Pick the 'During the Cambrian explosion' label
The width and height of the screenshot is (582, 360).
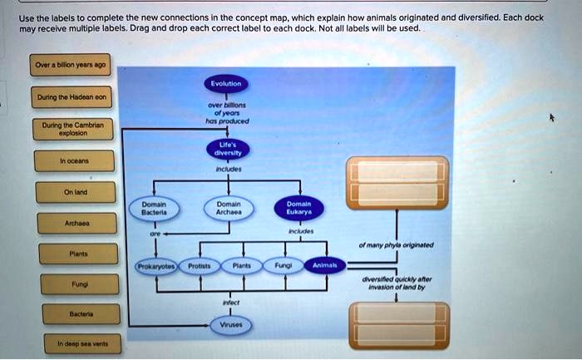point(75,129)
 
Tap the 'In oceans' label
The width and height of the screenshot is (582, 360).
point(75,160)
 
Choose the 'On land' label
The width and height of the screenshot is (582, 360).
point(75,191)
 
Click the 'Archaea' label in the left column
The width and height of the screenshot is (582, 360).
point(75,222)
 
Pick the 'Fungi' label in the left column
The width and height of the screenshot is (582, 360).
point(75,284)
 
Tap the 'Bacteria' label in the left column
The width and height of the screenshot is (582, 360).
point(75,315)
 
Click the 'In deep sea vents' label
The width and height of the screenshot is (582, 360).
point(75,343)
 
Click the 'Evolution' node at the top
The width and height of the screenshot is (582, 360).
point(226,83)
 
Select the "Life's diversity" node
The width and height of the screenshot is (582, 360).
point(226,148)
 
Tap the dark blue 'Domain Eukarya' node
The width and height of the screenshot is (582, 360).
point(299,209)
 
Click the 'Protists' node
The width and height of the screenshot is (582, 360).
point(198,265)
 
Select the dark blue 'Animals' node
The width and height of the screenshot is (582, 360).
point(323,265)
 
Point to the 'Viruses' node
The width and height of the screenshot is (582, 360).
point(226,326)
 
